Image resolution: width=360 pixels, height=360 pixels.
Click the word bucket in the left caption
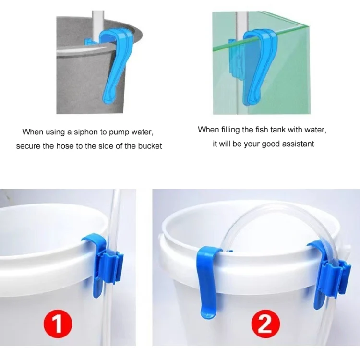[x=149, y=146]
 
